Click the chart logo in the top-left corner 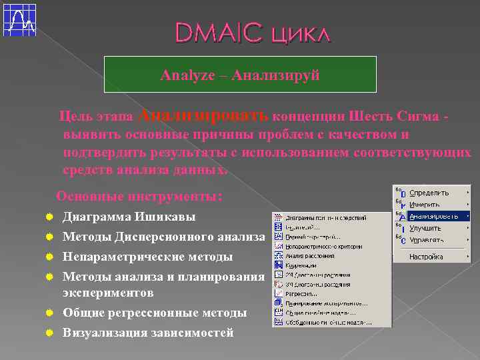(19, 19)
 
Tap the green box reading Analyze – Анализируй (240, 75)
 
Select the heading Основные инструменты (139, 197)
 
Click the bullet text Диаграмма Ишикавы (129, 217)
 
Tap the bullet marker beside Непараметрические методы (49, 257)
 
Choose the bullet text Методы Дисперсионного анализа (163, 237)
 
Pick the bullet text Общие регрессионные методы (154, 313)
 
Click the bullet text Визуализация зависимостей (147, 333)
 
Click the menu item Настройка (426, 256)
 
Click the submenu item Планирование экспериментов (321, 303)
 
